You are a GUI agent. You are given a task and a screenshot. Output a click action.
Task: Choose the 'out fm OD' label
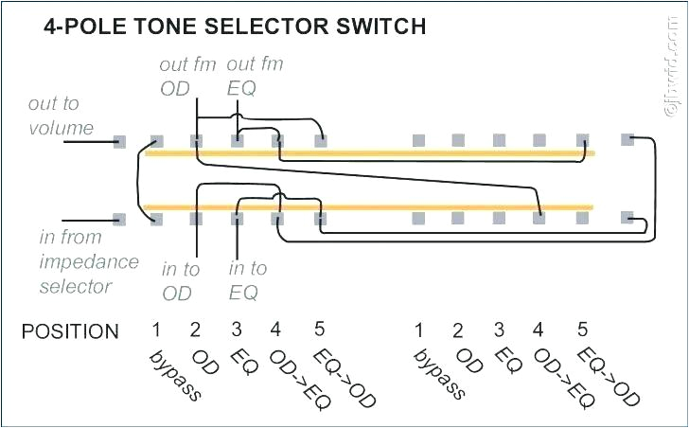(x=187, y=77)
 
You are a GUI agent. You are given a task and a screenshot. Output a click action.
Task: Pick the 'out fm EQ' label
(x=255, y=77)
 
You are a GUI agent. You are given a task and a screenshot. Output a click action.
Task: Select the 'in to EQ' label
(x=248, y=280)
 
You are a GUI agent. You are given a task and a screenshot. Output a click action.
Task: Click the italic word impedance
(x=89, y=261)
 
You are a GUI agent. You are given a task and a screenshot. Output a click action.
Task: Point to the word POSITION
(x=71, y=331)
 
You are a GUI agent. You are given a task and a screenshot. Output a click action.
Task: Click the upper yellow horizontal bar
(x=369, y=152)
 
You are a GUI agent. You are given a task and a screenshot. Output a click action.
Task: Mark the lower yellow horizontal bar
(x=369, y=206)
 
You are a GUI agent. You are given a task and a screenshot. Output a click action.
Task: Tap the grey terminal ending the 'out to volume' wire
(x=119, y=141)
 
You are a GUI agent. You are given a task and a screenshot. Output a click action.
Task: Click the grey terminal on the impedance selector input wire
(x=119, y=219)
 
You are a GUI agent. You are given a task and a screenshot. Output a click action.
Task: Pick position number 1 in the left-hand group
(x=155, y=330)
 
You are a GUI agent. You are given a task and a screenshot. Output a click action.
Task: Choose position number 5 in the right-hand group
(x=582, y=330)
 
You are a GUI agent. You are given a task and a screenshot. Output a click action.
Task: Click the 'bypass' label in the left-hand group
(x=175, y=375)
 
